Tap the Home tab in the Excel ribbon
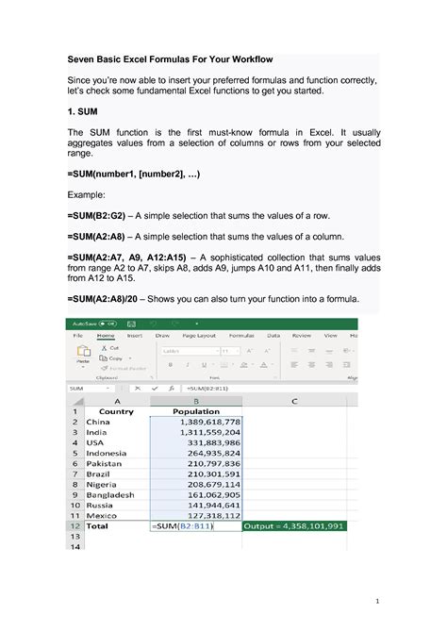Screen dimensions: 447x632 point(106,335)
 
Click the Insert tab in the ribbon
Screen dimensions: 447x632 point(135,335)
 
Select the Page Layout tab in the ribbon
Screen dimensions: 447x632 point(199,335)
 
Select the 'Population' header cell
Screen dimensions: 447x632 point(196,411)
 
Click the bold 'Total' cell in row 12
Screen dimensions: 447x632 point(98,526)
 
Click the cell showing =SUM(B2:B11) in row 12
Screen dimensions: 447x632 point(184,526)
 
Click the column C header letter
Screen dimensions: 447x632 point(294,400)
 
